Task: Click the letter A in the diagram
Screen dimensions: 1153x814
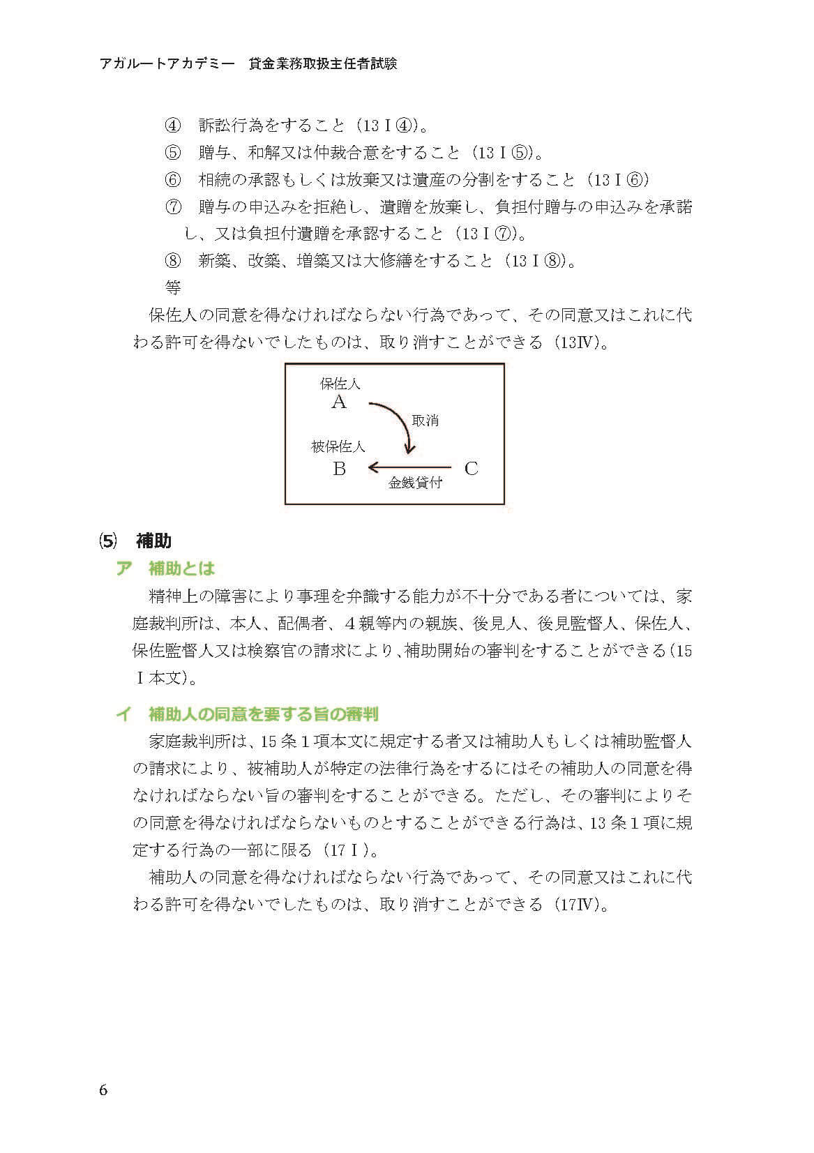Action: point(339,402)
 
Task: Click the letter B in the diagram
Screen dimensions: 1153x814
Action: point(339,469)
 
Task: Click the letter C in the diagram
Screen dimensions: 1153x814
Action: point(472,469)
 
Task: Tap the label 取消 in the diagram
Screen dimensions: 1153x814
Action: point(425,421)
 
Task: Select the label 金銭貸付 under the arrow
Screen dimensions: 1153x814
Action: point(415,483)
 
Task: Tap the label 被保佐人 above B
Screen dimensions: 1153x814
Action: point(338,447)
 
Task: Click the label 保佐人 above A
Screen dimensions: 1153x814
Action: point(340,384)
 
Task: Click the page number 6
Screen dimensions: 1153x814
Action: point(103,1090)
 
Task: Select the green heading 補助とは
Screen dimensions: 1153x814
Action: point(181,568)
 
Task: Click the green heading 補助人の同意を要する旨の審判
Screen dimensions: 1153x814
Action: point(263,714)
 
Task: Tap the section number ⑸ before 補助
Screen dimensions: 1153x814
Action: point(107,541)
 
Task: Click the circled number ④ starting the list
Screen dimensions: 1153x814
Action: point(172,126)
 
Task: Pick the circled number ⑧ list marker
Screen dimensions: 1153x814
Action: point(172,262)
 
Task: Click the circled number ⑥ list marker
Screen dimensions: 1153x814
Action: point(172,180)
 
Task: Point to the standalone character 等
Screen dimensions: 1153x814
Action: point(172,287)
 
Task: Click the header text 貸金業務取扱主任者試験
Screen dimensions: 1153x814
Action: point(322,63)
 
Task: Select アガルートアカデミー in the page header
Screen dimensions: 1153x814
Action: point(169,63)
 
